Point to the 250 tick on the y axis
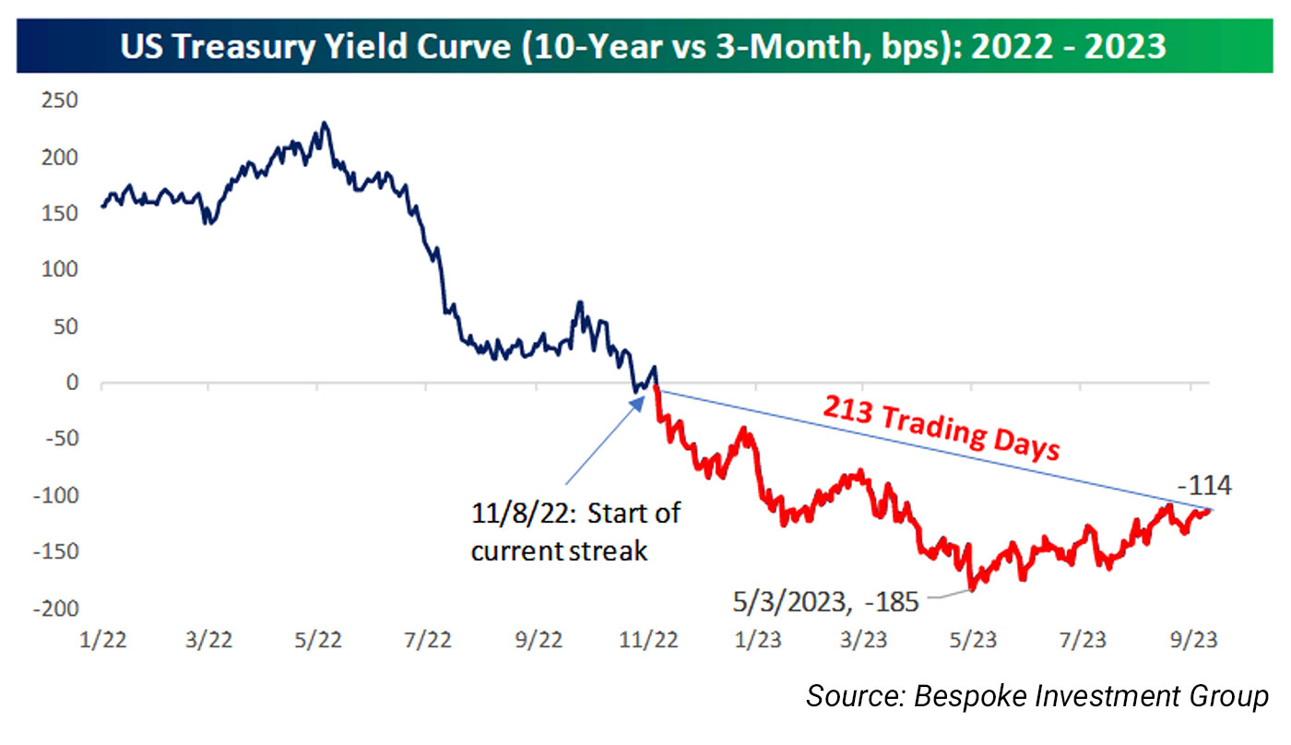coord(60,101)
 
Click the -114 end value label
coord(1204,486)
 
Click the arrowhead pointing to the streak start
coord(645,400)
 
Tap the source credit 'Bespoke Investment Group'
coord(1037,696)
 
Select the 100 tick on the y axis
coord(60,269)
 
